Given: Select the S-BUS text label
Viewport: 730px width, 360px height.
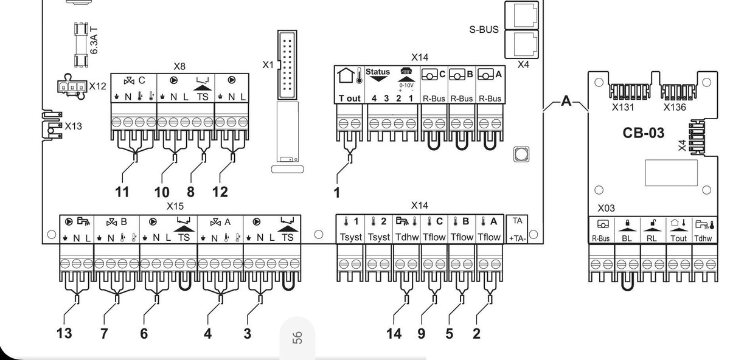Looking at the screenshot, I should click(484, 29).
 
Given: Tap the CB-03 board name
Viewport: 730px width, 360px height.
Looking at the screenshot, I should click(644, 133).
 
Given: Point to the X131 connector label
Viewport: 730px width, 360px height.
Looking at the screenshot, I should click(623, 107).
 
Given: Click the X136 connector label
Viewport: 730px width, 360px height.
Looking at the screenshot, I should click(675, 107).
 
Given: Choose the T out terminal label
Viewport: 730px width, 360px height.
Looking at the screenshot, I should click(349, 98).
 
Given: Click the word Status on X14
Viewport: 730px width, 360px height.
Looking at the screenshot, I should click(378, 72).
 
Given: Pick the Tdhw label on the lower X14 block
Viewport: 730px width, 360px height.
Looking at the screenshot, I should click(407, 237).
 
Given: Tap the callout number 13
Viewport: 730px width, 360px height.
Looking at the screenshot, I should click(64, 333).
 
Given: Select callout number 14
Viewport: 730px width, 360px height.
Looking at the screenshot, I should click(394, 333).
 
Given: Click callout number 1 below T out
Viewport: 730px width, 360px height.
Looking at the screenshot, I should click(336, 192).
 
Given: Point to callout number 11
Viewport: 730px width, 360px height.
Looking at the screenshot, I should click(122, 192).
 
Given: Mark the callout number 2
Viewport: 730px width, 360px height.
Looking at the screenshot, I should click(476, 333).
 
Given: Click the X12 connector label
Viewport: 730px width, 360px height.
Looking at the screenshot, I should click(97, 86).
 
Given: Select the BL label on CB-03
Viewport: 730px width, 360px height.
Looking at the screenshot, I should click(627, 238).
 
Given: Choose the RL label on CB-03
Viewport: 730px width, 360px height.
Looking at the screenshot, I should click(652, 238).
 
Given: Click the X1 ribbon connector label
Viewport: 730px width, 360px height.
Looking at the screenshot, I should click(268, 64).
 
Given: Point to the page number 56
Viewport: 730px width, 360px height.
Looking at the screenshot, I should click(297, 338).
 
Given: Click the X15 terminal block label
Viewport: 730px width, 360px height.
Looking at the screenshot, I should click(175, 207).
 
